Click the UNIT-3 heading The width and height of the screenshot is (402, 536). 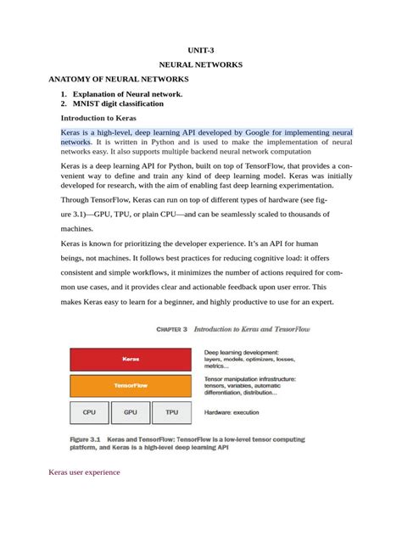(201, 50)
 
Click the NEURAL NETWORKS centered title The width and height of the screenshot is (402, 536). (201, 64)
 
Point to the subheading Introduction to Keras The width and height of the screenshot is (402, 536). (98, 118)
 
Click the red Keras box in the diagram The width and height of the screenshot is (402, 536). (132, 360)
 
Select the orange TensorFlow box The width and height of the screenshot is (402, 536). (132, 385)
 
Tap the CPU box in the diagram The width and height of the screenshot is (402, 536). (89, 412)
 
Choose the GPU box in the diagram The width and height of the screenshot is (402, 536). (131, 412)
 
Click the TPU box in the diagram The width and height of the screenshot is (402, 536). (172, 412)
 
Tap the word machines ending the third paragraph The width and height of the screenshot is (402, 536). (77, 229)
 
